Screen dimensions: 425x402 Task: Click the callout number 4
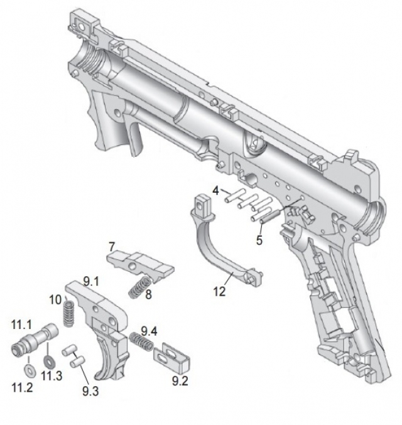215,190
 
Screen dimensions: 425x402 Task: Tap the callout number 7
111,245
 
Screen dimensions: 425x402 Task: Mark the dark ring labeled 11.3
48,362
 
